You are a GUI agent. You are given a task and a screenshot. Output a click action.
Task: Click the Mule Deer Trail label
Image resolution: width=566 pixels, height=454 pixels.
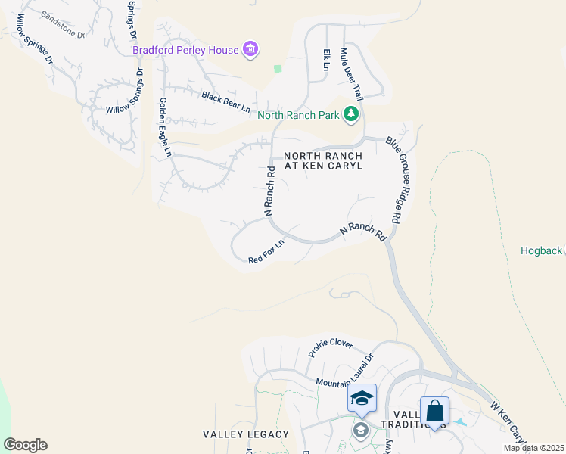[x=352, y=74]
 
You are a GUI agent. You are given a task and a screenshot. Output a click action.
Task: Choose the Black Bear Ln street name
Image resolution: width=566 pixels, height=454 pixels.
[x=225, y=101]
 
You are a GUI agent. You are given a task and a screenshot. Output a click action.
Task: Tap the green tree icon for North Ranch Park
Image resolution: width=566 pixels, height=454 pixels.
[x=350, y=114]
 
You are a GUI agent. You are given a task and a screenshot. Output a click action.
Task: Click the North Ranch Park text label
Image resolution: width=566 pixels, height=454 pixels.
[x=298, y=116]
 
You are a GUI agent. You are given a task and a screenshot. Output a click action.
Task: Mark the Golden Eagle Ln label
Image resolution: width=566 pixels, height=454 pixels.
[x=164, y=126]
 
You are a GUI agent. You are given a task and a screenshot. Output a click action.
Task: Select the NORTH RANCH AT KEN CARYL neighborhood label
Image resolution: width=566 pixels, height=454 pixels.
[x=323, y=160]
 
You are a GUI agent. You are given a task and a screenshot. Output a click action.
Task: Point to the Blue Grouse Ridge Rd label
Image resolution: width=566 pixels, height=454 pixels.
[x=398, y=179]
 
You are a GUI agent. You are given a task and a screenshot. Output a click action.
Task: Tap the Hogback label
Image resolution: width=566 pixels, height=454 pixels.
[x=542, y=250]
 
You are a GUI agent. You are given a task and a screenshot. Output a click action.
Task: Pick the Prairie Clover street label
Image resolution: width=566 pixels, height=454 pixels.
[x=330, y=348]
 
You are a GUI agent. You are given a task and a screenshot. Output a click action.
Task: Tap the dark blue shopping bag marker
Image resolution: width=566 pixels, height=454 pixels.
[x=434, y=412]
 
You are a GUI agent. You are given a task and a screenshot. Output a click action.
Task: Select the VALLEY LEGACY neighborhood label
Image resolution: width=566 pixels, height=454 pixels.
[x=246, y=434]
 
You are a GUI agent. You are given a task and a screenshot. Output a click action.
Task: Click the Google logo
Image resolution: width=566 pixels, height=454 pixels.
[x=25, y=445]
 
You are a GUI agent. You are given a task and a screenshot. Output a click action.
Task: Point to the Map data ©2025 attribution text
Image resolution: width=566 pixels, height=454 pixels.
[x=533, y=448]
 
